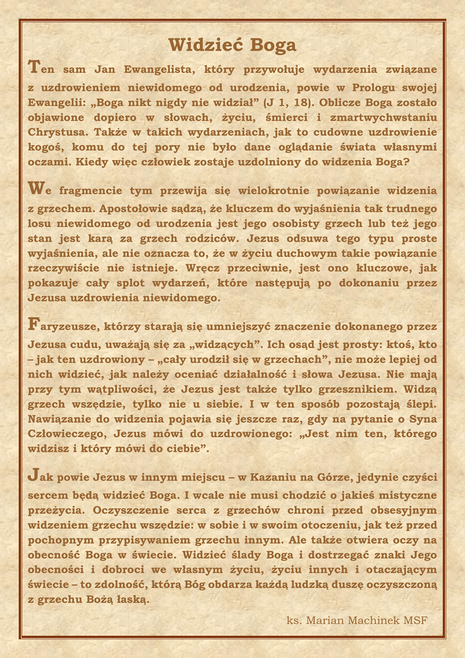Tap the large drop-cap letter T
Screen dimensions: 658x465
click(34, 66)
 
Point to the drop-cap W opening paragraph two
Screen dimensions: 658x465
click(35, 188)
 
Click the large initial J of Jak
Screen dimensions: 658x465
click(33, 475)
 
